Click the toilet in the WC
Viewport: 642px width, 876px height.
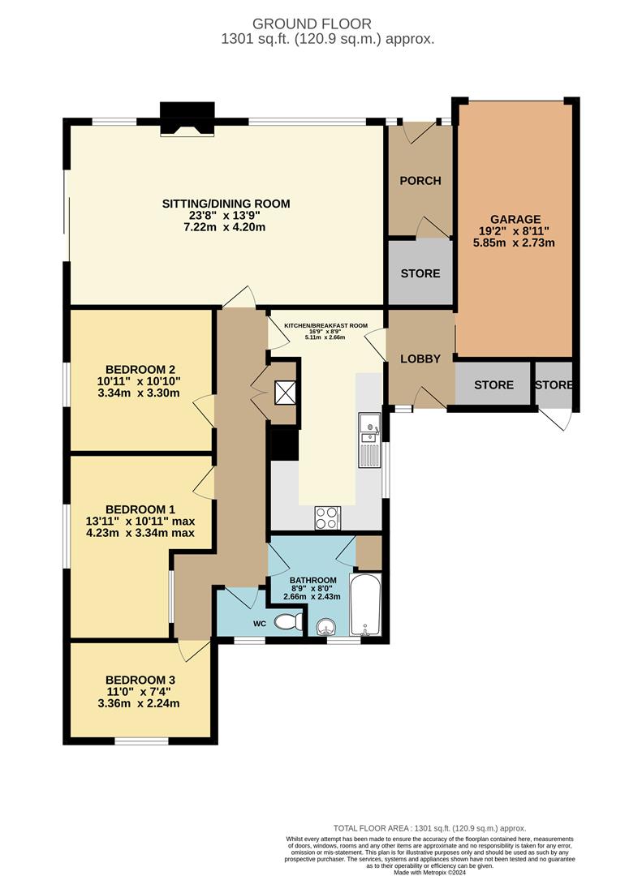tap(289, 621)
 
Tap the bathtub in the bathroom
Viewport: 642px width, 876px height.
tap(366, 604)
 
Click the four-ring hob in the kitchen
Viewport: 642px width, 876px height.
tap(327, 517)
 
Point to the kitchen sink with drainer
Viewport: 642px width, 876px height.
tap(369, 440)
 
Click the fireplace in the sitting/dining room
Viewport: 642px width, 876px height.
tap(187, 119)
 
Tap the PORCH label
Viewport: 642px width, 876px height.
tap(420, 180)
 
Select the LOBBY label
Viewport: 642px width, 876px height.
tap(420, 359)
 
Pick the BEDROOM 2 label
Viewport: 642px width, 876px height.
tap(140, 369)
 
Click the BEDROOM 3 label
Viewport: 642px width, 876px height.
tap(140, 680)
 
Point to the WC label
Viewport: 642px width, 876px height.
tap(260, 624)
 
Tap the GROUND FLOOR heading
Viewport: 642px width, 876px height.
tap(312, 24)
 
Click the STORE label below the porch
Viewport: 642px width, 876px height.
tap(420, 273)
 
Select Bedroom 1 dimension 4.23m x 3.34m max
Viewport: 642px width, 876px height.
tap(140, 533)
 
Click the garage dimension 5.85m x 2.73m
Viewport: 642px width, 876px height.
tap(514, 243)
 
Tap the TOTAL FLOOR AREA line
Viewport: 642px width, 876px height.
tap(430, 828)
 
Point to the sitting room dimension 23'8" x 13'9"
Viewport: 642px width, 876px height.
tap(226, 216)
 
